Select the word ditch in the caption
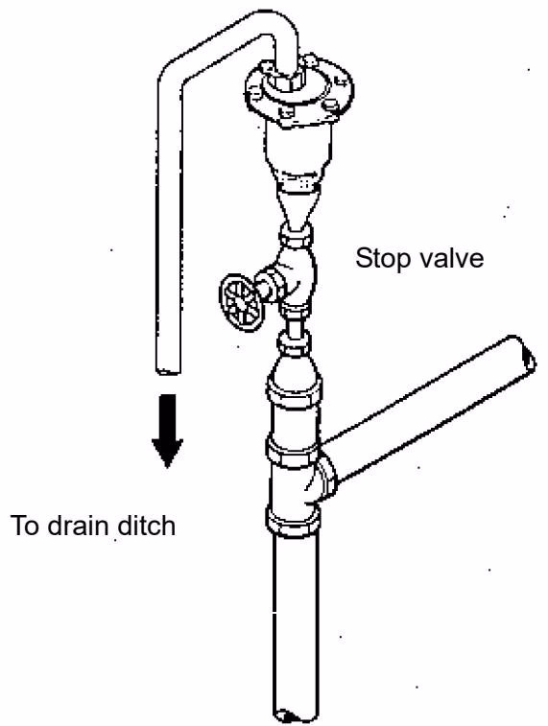click(147, 526)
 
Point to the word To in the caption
click(26, 526)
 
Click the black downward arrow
click(167, 431)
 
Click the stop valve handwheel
click(241, 303)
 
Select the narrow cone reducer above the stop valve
click(296, 210)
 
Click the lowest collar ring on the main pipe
click(294, 521)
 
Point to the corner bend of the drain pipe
click(172, 74)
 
